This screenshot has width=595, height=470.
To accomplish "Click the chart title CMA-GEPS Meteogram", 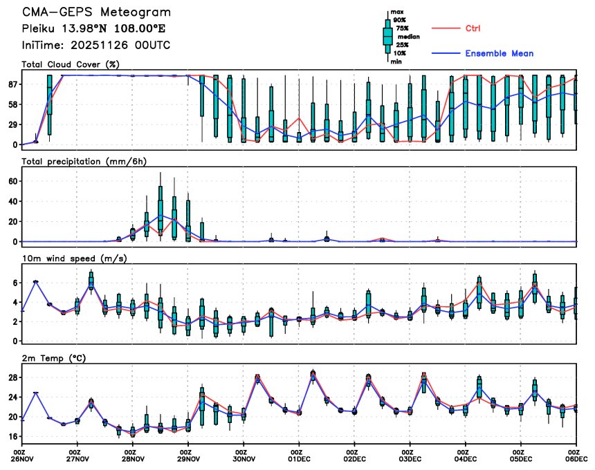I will pos(96,13).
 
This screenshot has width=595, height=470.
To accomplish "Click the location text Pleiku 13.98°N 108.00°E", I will pos(93,29).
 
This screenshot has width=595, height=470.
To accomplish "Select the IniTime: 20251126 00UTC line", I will pos(96,45).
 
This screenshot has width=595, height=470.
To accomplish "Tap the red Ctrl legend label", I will pos(473,28).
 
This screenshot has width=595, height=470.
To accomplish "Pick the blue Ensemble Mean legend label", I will pos(499,53).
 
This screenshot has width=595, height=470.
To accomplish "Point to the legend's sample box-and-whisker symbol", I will pos(387,36).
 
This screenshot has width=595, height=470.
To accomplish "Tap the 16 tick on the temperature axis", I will pos(12,437).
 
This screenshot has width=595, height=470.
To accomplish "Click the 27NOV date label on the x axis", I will pos(77,458).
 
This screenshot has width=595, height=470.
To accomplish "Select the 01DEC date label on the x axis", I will pos(299,458).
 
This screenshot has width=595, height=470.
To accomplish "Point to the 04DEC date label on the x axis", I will pos(466,458).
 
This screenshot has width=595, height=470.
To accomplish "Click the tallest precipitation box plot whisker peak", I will pos(161,173).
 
